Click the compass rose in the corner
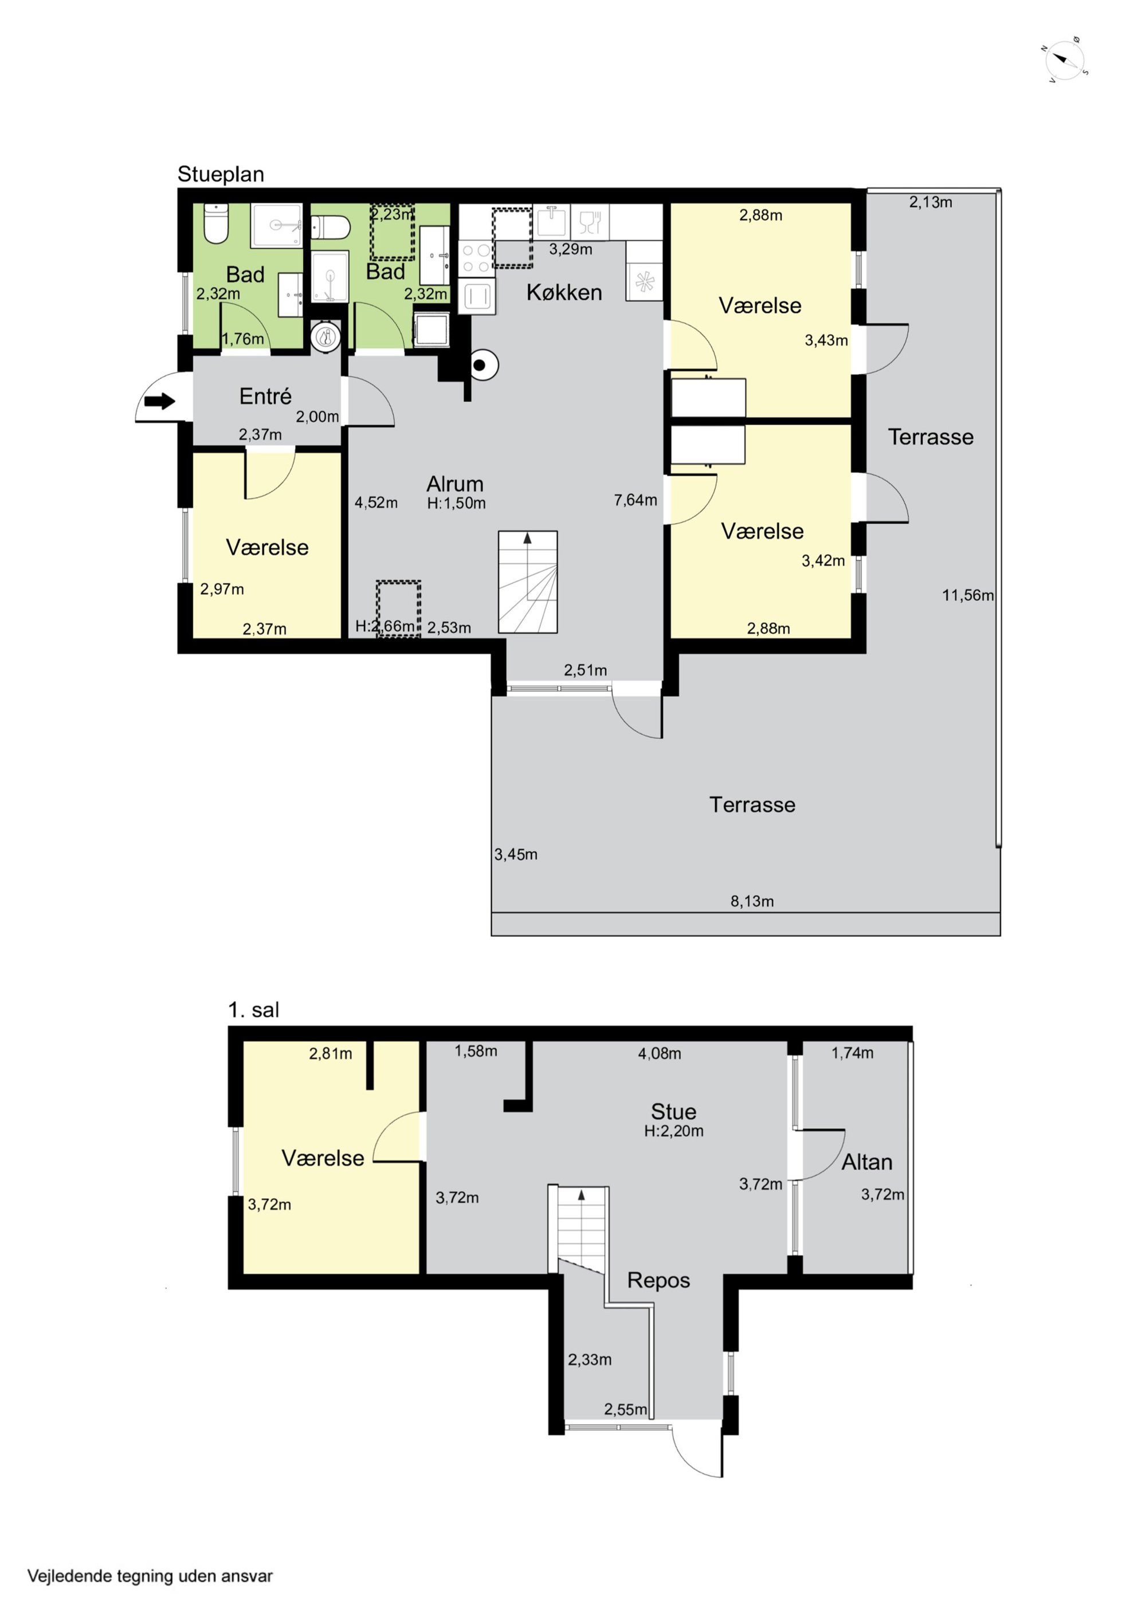(1065, 60)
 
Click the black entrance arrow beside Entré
(160, 401)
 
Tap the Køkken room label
(564, 292)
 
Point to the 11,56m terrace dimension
(967, 595)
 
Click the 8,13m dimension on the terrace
(752, 901)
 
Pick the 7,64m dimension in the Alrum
(636, 500)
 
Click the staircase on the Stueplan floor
(527, 582)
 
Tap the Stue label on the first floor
(673, 1112)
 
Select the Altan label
(867, 1162)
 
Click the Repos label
(658, 1280)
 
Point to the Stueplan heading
(221, 174)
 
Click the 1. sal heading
(254, 1010)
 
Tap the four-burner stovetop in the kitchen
(476, 257)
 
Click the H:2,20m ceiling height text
(674, 1131)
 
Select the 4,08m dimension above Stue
(659, 1053)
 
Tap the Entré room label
(265, 397)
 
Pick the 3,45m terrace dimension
(516, 854)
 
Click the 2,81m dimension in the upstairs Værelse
(330, 1053)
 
